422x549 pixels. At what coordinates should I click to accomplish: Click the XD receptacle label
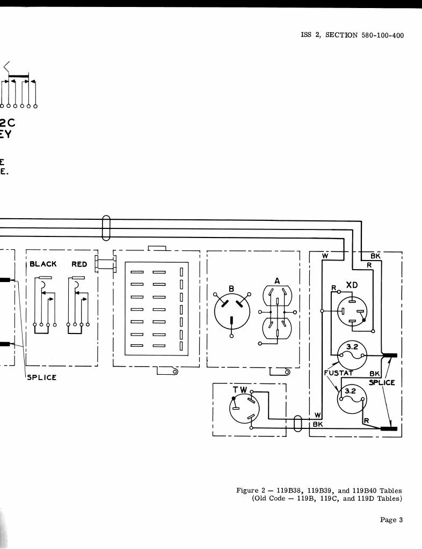352,285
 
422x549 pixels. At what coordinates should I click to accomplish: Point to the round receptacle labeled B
231,310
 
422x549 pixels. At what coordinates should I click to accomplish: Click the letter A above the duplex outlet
277,280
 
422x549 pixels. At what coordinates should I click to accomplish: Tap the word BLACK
43,264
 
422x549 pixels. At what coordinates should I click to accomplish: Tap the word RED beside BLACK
79,264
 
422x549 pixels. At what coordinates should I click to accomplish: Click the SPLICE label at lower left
42,377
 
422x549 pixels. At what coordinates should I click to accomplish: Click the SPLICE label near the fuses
382,382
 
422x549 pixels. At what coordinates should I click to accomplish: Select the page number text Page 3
391,520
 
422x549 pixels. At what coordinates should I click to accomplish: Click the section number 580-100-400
379,35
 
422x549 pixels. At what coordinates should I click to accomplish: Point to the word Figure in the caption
248,491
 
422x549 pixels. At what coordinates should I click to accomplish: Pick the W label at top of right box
325,256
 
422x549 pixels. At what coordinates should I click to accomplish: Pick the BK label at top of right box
375,256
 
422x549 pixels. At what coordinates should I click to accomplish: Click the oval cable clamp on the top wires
106,228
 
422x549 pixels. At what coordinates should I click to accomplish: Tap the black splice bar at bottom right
389,428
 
